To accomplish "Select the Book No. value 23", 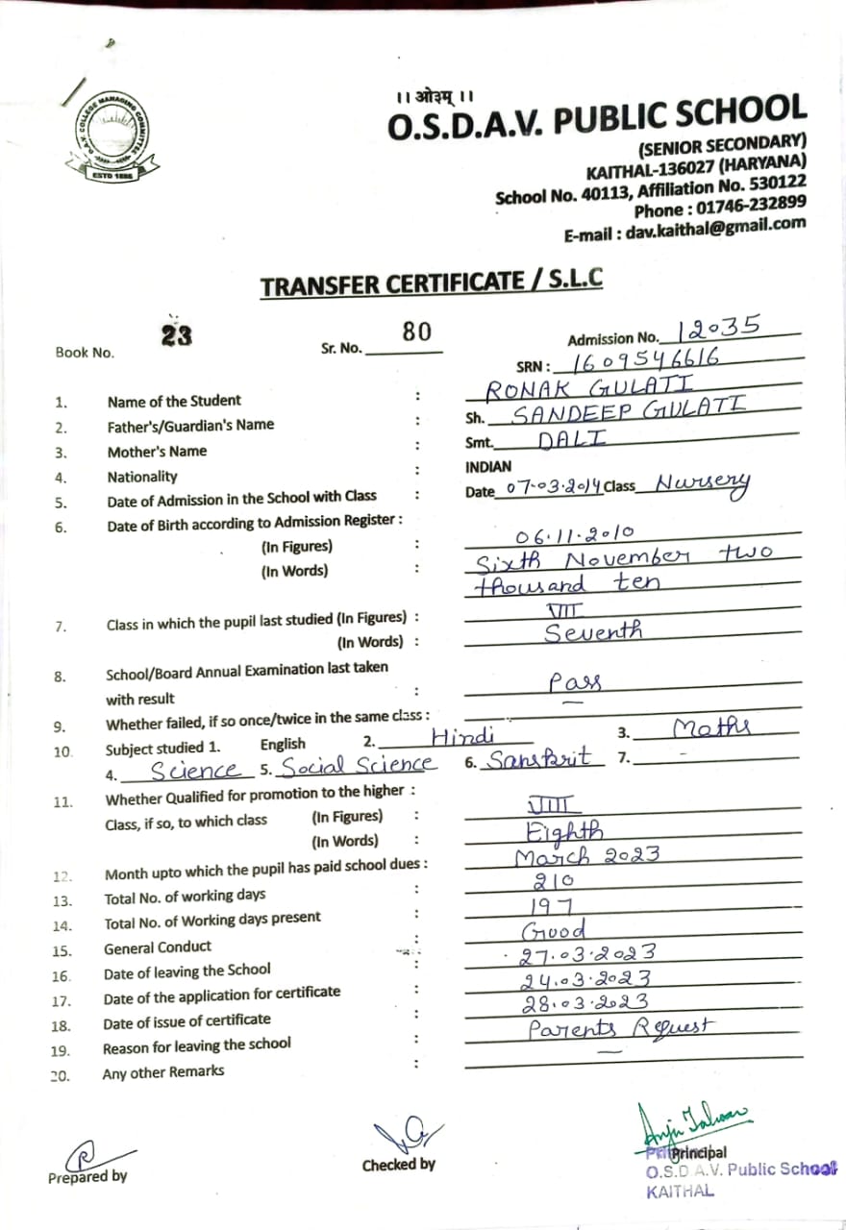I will point(176,335).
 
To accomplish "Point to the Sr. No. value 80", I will point(416,332).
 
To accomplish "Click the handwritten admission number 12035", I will point(719,329).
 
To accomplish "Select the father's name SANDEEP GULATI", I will point(627,414).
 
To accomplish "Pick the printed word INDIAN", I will point(487,466).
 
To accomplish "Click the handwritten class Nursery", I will point(702,485).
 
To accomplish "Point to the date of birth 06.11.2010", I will point(574,537).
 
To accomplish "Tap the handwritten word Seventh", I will point(593,632).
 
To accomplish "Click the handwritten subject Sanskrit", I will point(539,758).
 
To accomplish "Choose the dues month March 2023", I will point(586,856).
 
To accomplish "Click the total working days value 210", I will point(553,880).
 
